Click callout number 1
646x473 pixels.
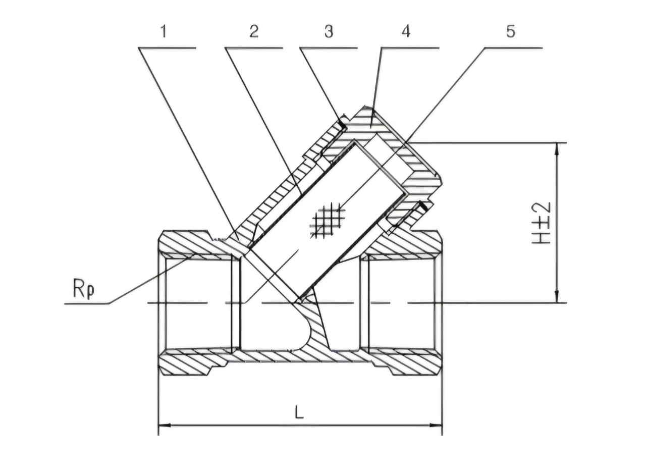pos(163,31)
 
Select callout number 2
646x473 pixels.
pos(254,31)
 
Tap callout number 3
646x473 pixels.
pos(329,31)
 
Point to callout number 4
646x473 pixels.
pos(406,31)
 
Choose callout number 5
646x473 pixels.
pos(511,31)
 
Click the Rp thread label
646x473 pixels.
pos(84,289)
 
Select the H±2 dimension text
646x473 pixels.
pos(542,223)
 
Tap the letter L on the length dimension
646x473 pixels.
pos(299,413)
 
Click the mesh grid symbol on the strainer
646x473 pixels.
pos(328,221)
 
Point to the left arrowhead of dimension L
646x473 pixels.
pos(163,425)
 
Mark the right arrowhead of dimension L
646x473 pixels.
pos(438,425)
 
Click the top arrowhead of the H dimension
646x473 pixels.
pos(557,146)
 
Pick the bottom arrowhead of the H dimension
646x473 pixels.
pos(557,299)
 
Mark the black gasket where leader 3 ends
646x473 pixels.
pos(343,123)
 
